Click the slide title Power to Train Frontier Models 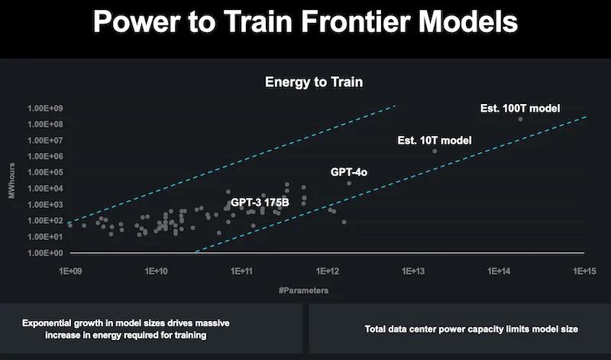pyautogui.click(x=305, y=22)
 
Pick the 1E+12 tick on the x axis pyautogui.click(x=328, y=271)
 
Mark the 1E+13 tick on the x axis pyautogui.click(x=413, y=271)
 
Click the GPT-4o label pyautogui.click(x=349, y=173)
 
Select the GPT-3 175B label pyautogui.click(x=260, y=203)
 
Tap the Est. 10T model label pyautogui.click(x=435, y=141)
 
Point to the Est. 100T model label pyautogui.click(x=520, y=108)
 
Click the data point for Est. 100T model pyautogui.click(x=521, y=119)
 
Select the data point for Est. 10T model pyautogui.click(x=435, y=151)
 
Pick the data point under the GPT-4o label pyautogui.click(x=349, y=183)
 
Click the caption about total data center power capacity pyautogui.click(x=461, y=329)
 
